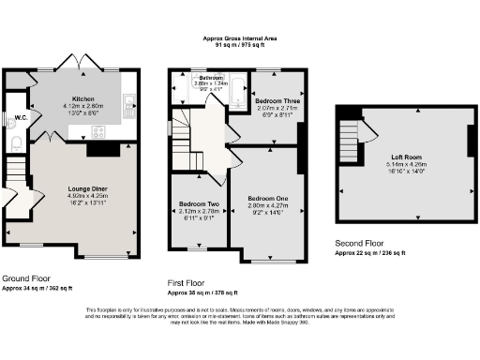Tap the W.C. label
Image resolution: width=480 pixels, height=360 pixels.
tap(13, 118)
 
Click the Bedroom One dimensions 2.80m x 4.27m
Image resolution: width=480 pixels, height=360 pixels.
tap(266, 206)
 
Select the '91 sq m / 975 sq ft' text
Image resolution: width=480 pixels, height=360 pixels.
tap(240, 45)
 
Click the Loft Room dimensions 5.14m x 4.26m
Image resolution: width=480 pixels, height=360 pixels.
tap(407, 165)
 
